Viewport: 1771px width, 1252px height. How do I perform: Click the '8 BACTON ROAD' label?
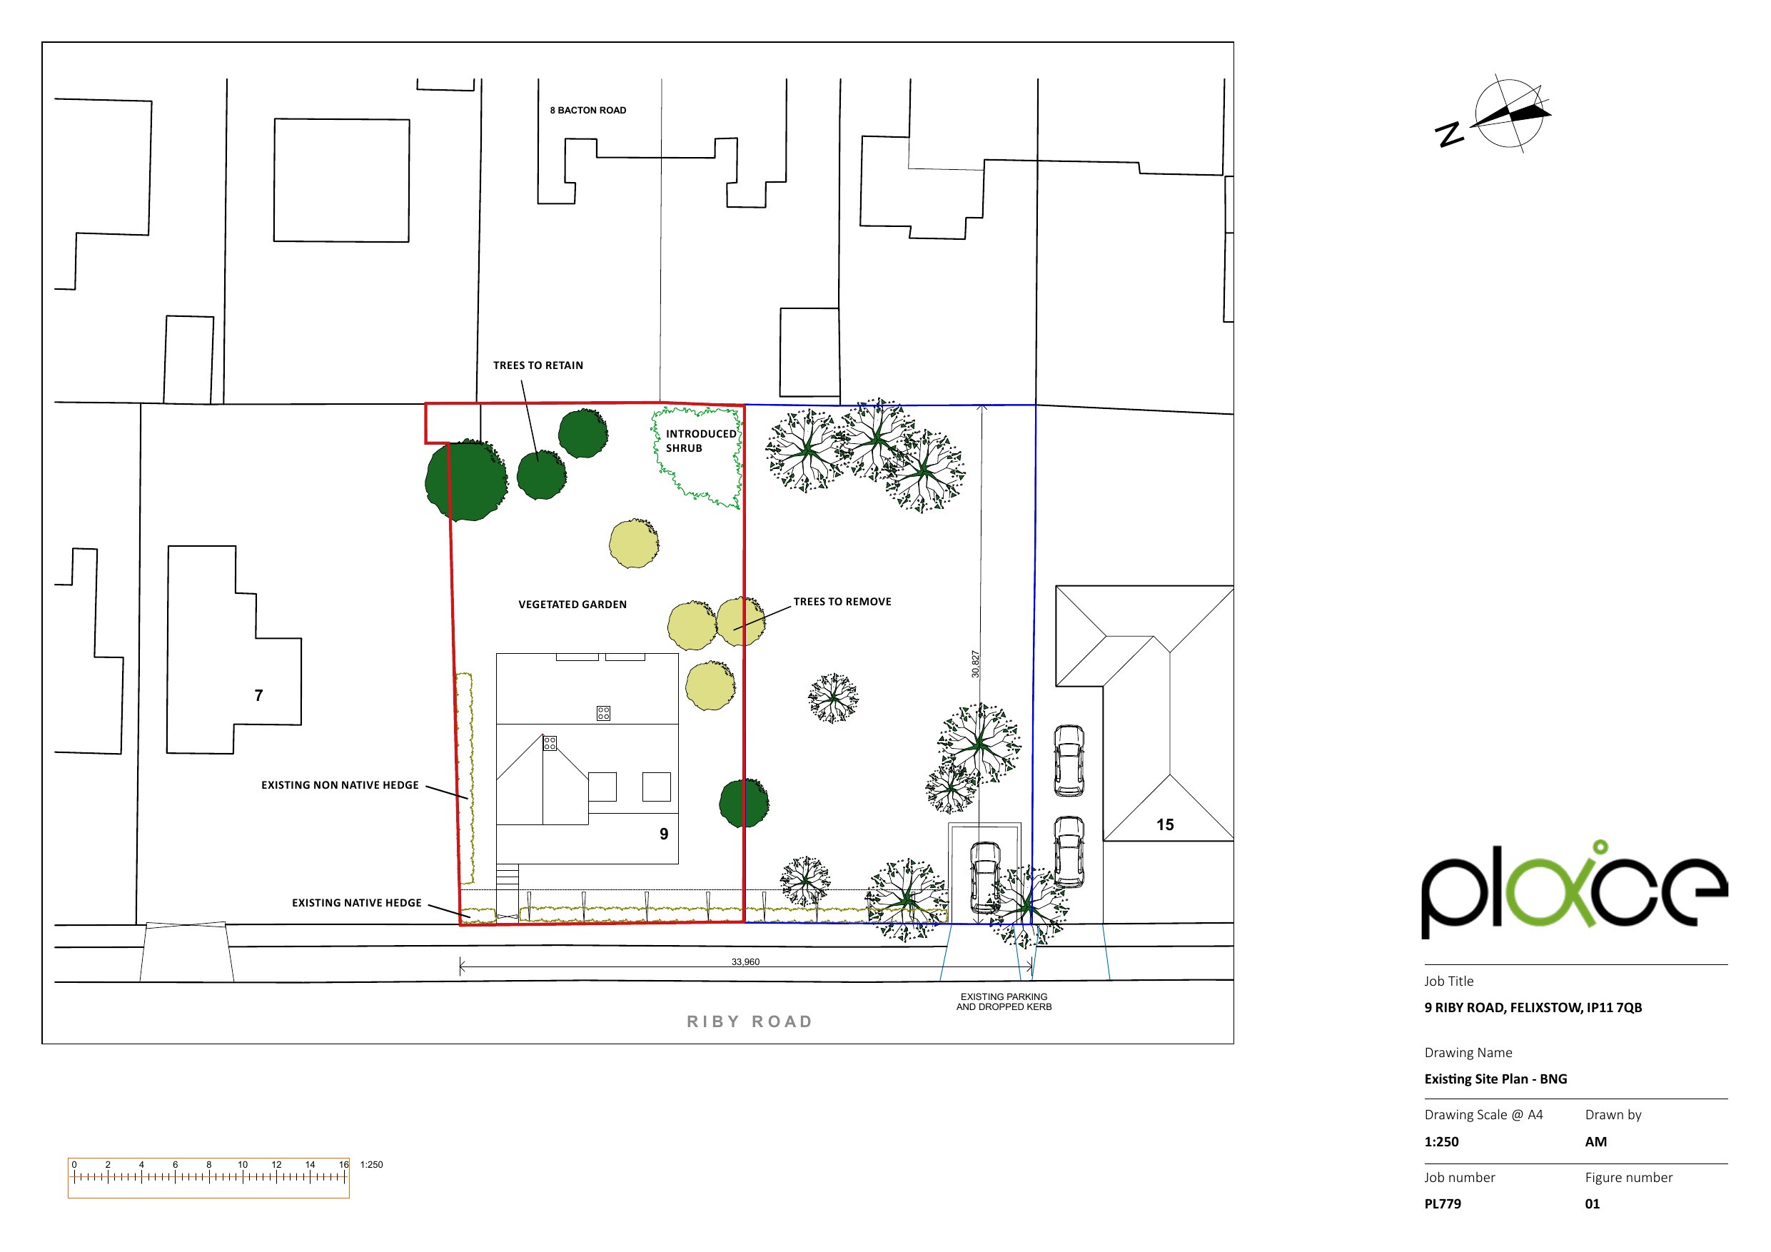pyautogui.click(x=587, y=111)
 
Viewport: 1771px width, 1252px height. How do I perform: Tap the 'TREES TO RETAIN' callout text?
pyautogui.click(x=538, y=365)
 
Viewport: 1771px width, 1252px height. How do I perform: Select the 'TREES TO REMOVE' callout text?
pyautogui.click(x=842, y=602)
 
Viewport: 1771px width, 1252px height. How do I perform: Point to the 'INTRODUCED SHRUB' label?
pyautogui.click(x=700, y=440)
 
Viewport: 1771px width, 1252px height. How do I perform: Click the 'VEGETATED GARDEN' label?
pyautogui.click(x=572, y=605)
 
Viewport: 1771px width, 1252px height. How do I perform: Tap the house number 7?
pyautogui.click(x=259, y=696)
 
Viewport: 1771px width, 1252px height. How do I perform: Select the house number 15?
pyautogui.click(x=1165, y=824)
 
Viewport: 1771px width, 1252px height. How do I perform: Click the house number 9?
pyautogui.click(x=663, y=834)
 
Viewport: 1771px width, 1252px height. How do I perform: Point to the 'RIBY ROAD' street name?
pyautogui.click(x=750, y=1021)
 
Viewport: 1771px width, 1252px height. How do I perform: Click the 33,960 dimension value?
pyautogui.click(x=745, y=962)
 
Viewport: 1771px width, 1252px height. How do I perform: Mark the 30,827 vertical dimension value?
pyautogui.click(x=975, y=664)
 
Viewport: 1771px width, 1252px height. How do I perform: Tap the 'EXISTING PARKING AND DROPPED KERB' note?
pyautogui.click(x=1004, y=1001)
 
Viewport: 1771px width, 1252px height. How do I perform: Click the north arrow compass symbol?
pyautogui.click(x=1509, y=114)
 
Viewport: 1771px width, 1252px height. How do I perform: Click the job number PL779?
pyautogui.click(x=1443, y=1203)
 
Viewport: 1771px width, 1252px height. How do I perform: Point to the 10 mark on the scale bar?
pyautogui.click(x=242, y=1165)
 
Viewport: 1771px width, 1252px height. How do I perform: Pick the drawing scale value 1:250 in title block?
pyautogui.click(x=1441, y=1141)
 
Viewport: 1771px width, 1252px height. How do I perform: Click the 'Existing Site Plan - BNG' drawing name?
pyautogui.click(x=1495, y=1079)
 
